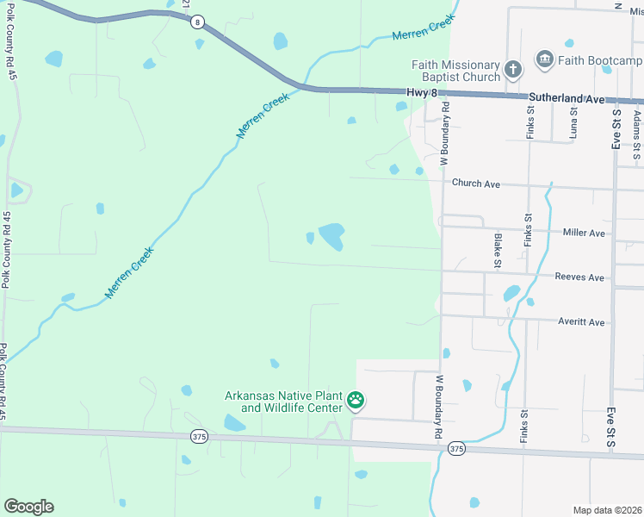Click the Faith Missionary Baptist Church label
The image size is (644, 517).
455,72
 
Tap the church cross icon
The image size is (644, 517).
512,69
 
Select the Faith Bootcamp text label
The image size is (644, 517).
600,60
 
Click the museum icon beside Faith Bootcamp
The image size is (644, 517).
544,59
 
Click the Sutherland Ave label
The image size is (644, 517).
567,99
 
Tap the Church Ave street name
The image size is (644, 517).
476,184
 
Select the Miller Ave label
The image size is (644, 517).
584,233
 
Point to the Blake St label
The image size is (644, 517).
498,249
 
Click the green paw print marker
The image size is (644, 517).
356,400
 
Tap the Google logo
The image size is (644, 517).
28,507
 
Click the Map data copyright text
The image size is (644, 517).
606,510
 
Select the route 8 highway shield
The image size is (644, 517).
198,22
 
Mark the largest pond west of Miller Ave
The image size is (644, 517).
331,235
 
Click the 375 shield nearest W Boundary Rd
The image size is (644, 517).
456,449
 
